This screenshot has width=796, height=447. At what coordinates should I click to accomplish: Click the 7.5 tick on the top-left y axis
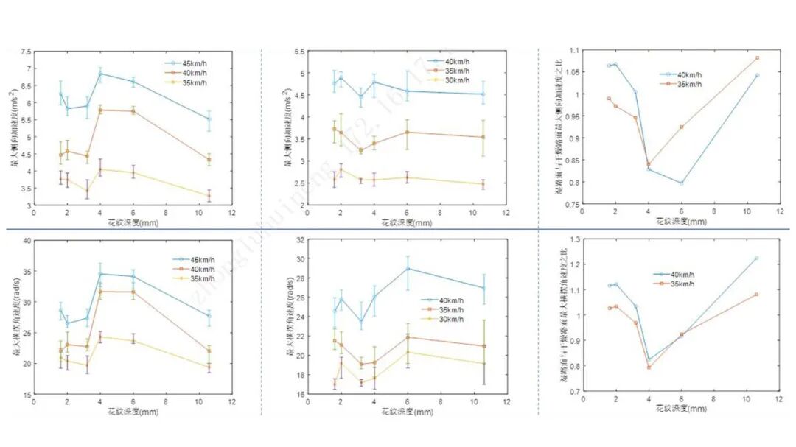(x=27, y=52)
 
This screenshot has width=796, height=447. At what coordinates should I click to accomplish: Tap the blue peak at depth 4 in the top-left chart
(x=100, y=74)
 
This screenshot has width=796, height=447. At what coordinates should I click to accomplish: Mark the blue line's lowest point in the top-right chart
(x=681, y=183)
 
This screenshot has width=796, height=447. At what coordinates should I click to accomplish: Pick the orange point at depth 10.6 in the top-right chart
(x=757, y=57)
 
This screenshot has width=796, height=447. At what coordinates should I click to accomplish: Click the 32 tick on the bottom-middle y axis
(x=301, y=240)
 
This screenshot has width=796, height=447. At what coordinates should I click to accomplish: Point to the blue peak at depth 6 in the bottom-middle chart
(x=408, y=268)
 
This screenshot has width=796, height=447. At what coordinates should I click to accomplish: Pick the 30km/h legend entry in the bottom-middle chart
(x=450, y=319)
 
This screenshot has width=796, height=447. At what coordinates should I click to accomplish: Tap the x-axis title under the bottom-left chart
(x=133, y=410)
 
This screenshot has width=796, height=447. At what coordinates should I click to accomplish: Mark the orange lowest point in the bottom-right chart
(x=649, y=367)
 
